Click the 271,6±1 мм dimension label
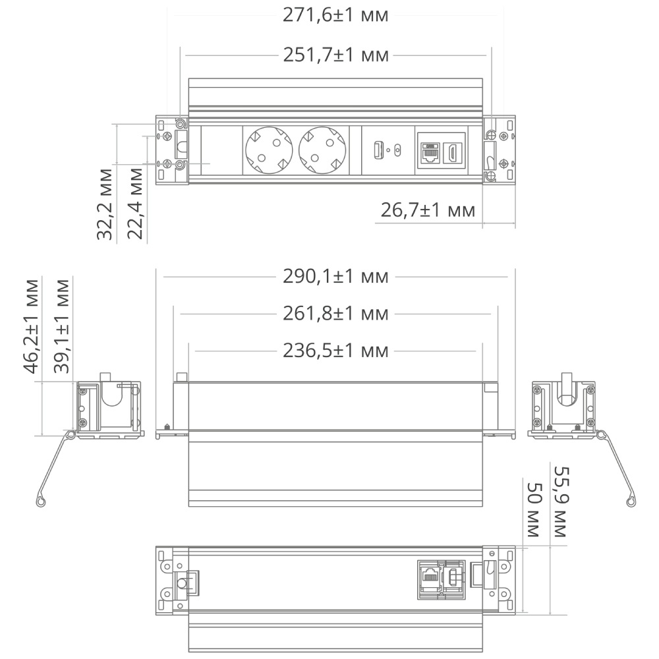click(x=335, y=15)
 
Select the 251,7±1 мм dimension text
click(x=335, y=55)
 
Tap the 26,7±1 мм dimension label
click(x=428, y=210)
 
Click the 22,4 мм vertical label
click(x=135, y=204)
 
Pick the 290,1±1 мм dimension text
click(x=335, y=276)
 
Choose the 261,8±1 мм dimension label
click(x=335, y=313)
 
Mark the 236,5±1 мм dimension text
click(x=335, y=351)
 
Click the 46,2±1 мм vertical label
click(x=32, y=326)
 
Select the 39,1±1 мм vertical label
click(x=62, y=326)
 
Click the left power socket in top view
click(x=268, y=150)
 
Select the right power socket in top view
click(x=322, y=150)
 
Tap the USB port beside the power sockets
click(x=379, y=150)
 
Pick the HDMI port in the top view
click(x=454, y=153)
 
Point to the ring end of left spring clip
click(x=42, y=502)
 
